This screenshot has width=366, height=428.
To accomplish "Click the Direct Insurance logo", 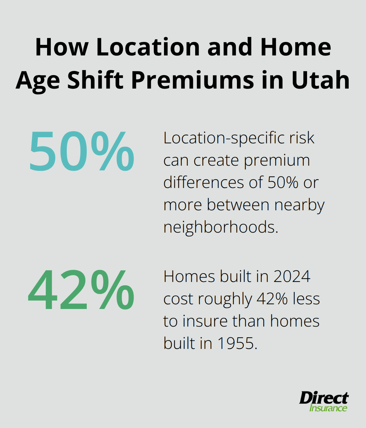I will point(324,402).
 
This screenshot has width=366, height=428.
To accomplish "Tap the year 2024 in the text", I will point(292,277).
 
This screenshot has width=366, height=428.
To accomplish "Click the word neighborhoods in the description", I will point(221,227).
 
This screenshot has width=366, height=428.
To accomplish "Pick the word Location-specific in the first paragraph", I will point(224,138).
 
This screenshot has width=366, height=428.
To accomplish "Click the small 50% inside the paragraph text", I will point(283,183).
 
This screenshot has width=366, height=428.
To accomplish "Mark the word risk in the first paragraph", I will point(302,138).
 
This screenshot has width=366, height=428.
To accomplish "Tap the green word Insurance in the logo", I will point(328,408).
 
